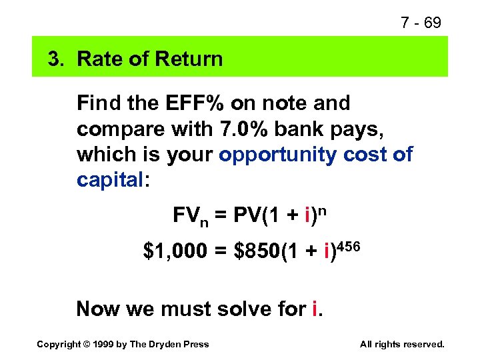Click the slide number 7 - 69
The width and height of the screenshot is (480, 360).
[x=421, y=23]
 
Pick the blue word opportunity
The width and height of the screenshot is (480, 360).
[x=278, y=155]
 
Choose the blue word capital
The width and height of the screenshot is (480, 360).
[x=109, y=180]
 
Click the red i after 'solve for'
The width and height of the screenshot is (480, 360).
[x=313, y=309]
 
